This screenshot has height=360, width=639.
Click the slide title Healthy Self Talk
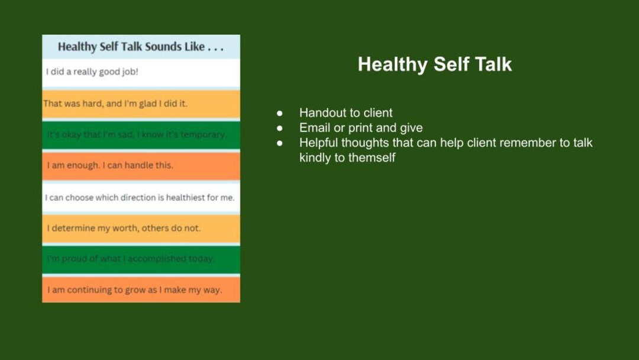(x=434, y=65)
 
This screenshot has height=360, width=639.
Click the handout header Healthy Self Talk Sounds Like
(x=141, y=47)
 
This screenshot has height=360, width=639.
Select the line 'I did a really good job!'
(x=92, y=72)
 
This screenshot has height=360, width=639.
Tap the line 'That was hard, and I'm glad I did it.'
(x=115, y=104)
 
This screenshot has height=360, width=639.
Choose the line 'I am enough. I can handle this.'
(x=110, y=165)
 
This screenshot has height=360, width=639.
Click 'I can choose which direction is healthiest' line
(x=140, y=198)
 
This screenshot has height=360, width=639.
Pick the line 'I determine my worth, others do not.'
(x=124, y=228)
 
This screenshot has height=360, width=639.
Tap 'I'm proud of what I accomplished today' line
(x=131, y=259)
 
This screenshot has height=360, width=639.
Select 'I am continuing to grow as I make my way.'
(x=134, y=290)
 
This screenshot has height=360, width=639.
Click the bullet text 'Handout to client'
(x=346, y=112)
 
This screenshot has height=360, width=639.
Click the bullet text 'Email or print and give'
(x=361, y=127)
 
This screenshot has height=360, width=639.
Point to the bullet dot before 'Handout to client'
(x=280, y=113)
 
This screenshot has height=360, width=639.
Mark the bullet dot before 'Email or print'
(x=280, y=128)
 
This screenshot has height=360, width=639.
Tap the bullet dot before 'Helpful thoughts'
(x=280, y=143)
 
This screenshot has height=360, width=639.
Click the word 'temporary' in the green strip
(x=202, y=134)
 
